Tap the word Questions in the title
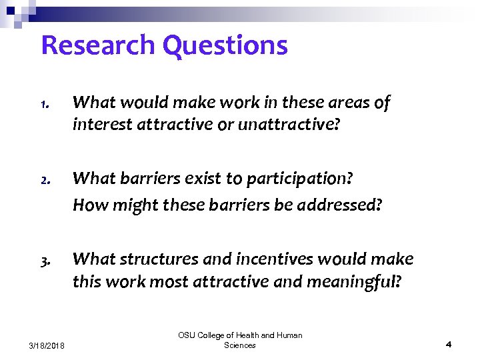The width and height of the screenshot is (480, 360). point(225,45)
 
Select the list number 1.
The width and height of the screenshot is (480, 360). point(44,105)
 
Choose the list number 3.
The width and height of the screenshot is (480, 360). point(44,261)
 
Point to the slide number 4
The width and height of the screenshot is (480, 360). point(449,345)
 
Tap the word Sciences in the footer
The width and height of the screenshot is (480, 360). point(240,345)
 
